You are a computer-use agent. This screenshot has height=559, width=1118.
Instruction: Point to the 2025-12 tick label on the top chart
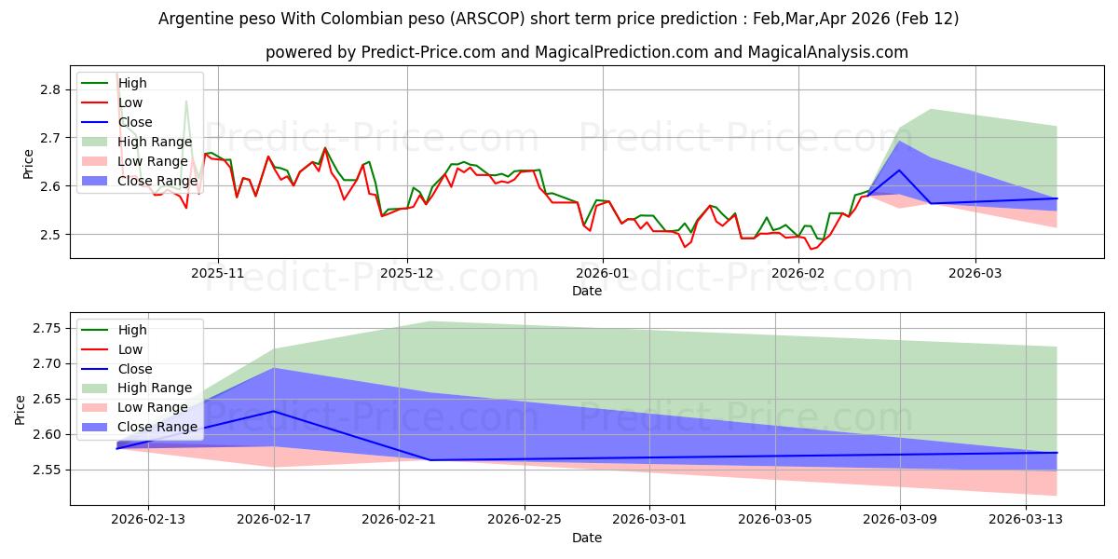point(406,273)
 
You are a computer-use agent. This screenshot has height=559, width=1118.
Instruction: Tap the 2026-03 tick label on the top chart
point(975,273)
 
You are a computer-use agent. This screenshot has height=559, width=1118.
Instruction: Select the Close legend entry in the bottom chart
point(134,368)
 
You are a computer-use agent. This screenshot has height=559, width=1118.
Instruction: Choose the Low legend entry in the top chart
point(131,102)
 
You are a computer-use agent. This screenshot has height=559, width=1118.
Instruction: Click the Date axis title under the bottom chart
point(587,538)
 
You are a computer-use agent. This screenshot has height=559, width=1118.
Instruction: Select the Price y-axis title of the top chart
point(28,163)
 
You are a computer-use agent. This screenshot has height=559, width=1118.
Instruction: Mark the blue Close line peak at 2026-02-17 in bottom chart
point(274,411)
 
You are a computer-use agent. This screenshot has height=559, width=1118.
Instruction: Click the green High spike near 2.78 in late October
point(186,102)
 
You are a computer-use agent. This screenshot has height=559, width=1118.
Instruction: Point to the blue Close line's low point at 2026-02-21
point(430,460)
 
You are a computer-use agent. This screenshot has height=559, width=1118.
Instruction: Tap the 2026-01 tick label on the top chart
point(602,273)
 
